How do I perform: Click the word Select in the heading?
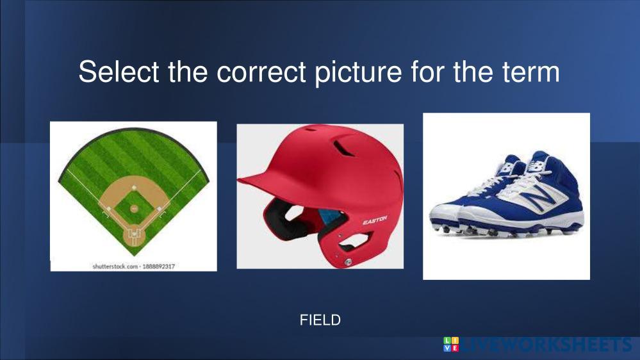[x=119, y=72]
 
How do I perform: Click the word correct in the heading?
[x=261, y=72]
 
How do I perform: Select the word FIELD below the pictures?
[x=320, y=320]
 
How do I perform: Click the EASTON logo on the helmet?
[x=375, y=221]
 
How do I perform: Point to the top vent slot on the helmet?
[x=343, y=148]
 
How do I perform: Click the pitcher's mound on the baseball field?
[x=134, y=209]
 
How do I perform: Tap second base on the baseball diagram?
[x=134, y=187]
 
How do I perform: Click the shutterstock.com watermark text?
[x=133, y=266]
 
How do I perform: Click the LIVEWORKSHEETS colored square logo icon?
[x=451, y=344]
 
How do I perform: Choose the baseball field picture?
[x=133, y=196]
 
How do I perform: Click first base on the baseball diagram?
[x=159, y=209]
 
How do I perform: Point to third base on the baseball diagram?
[x=108, y=209]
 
